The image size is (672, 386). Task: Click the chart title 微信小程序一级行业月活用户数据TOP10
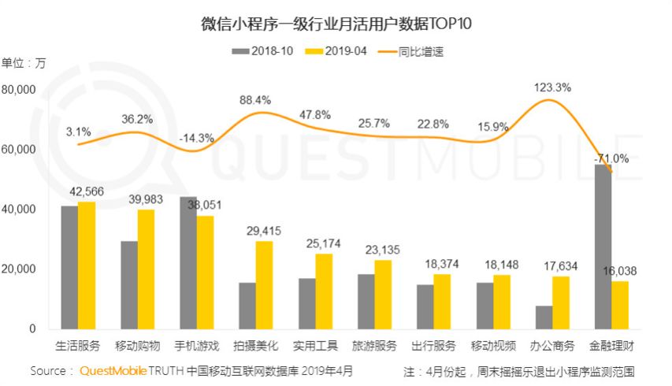(x=336, y=23)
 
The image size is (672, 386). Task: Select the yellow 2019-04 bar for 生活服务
(x=87, y=265)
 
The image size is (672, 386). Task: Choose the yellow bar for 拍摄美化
(x=265, y=285)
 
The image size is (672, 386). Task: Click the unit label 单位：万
(x=24, y=63)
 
